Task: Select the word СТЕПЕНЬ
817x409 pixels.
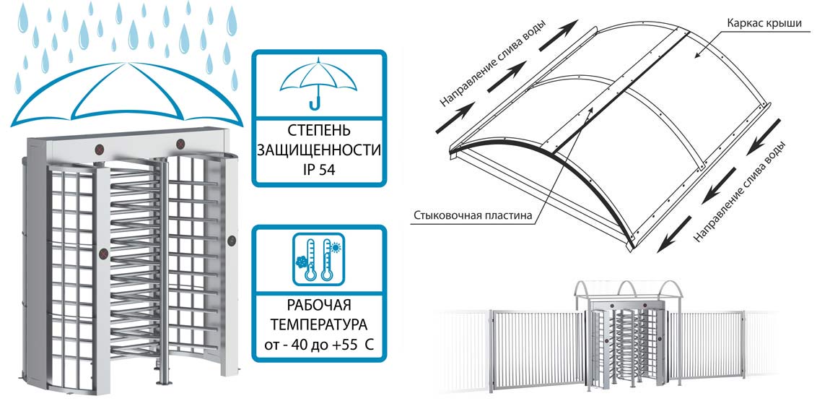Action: pos(318,131)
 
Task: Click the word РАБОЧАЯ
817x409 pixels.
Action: pos(318,303)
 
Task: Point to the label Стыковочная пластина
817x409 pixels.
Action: pos(473,215)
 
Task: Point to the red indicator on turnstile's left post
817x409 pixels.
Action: pos(103,254)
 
